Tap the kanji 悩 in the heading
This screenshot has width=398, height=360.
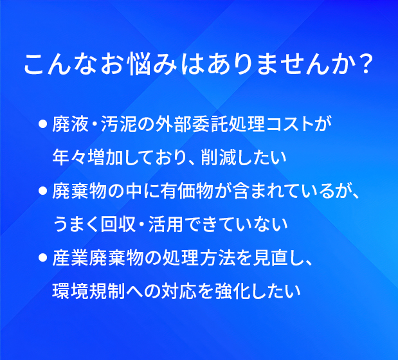139,64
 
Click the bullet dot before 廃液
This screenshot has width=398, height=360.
42,124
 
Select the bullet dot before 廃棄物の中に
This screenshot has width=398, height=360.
42,191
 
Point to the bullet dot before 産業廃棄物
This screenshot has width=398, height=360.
42,258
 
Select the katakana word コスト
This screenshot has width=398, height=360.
290,125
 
